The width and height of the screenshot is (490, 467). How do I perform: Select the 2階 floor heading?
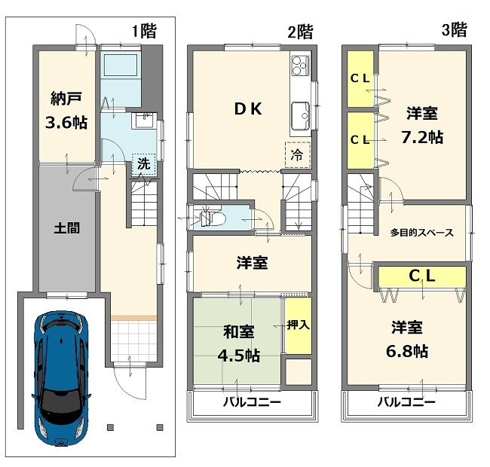299,32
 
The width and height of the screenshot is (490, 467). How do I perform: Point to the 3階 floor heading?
454,30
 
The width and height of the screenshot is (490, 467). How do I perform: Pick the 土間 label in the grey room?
66,227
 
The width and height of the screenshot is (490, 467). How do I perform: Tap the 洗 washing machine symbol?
143,163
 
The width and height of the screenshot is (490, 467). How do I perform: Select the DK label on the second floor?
247,109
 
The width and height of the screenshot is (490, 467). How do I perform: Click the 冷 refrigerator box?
297,154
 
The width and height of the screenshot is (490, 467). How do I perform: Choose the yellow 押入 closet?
297,325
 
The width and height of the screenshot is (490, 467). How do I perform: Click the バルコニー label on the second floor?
251,402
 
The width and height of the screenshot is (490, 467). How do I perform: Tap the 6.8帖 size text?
409,351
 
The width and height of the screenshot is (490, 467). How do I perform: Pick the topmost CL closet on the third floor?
359,78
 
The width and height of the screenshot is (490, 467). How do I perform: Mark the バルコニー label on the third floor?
406,402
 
